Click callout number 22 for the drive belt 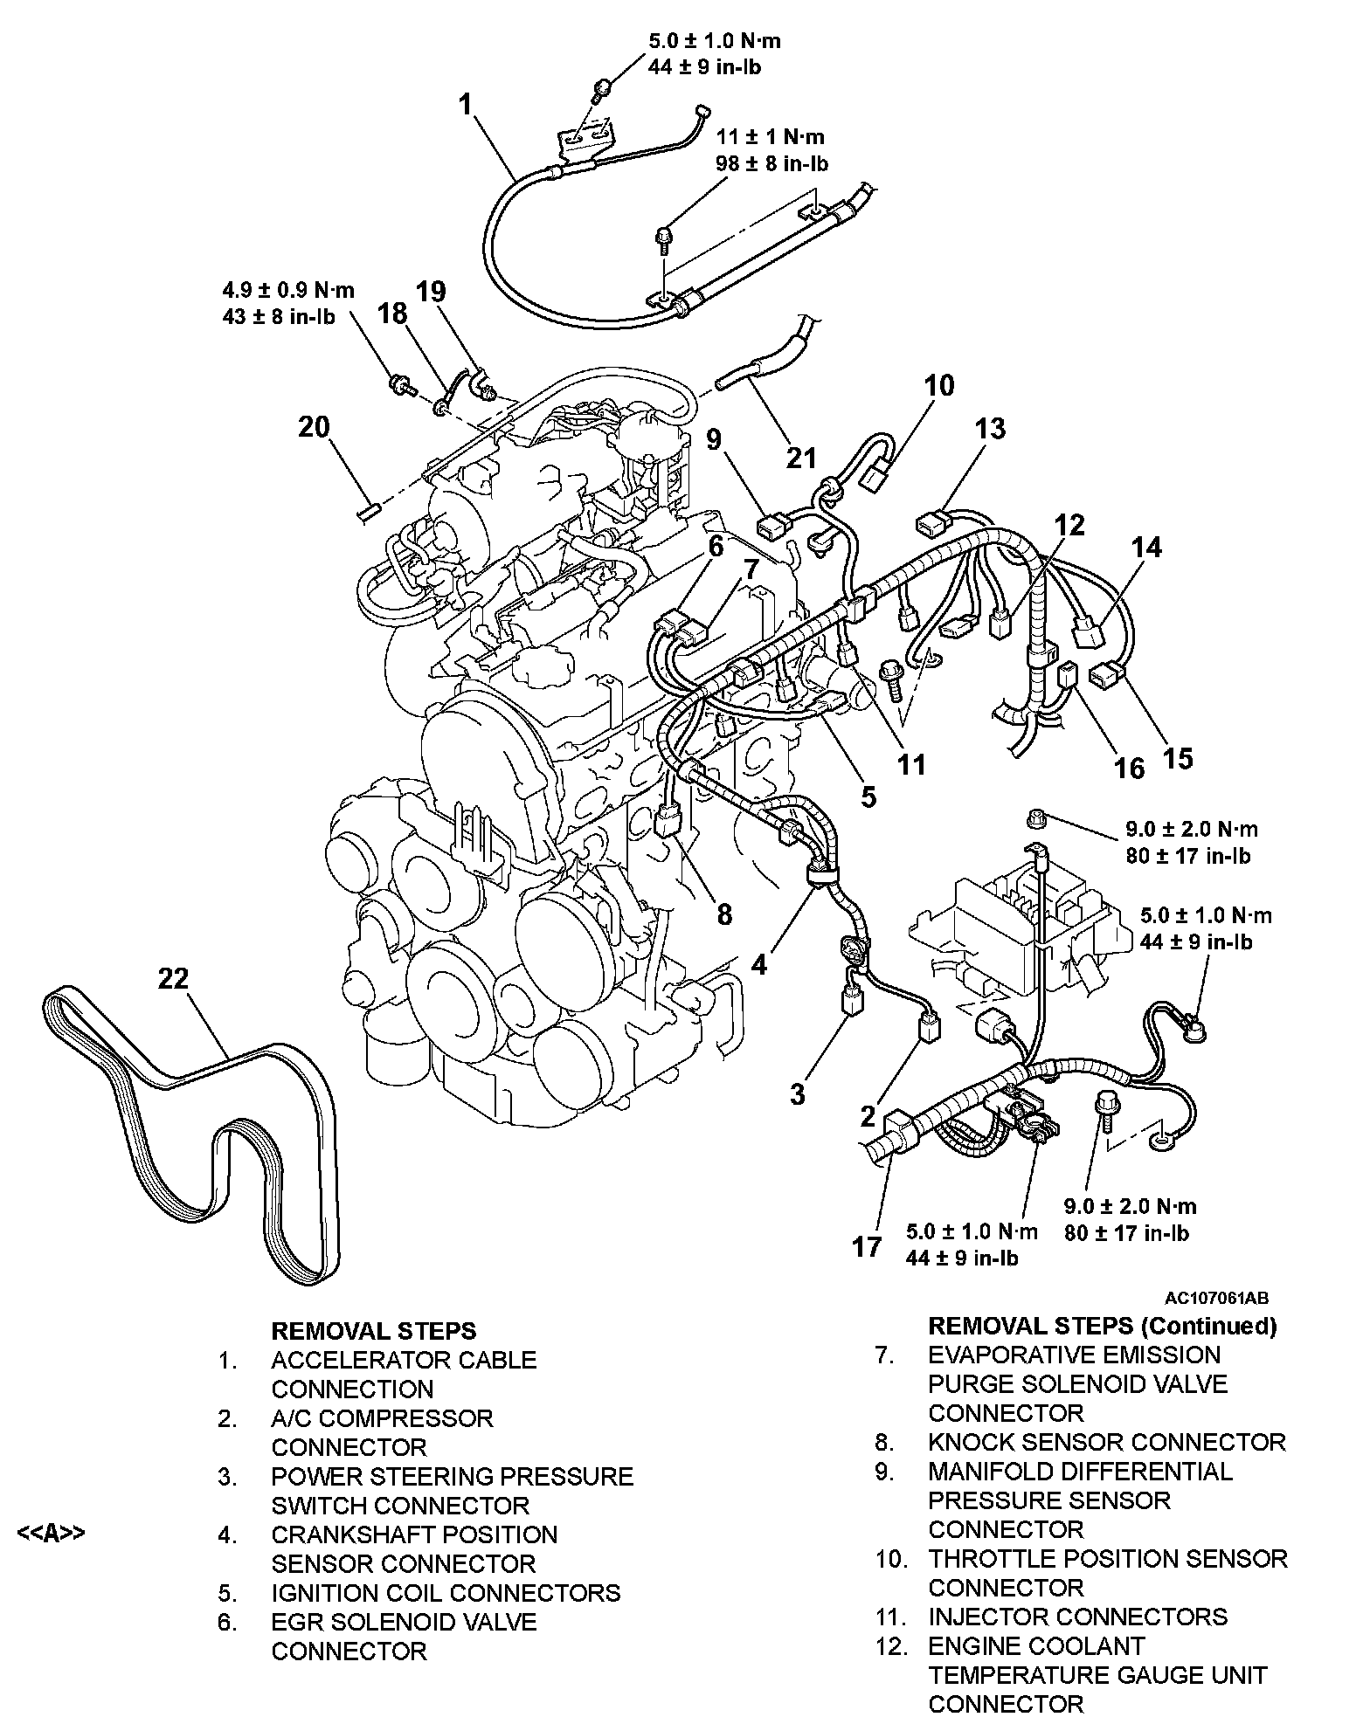173,979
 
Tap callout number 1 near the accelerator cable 466,106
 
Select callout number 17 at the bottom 867,1246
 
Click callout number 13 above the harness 990,429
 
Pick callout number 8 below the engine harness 723,914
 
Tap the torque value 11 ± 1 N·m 771,137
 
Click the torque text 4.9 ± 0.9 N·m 288,290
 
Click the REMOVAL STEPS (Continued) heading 1102,1327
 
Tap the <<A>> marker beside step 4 52,1534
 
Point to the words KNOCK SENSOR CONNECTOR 1107,1442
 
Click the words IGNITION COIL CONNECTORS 446,1593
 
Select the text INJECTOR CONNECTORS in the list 1077,1617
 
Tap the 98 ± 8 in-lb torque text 772,163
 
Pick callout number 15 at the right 1178,757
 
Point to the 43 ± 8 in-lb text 279,315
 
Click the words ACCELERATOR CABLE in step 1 404,1360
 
